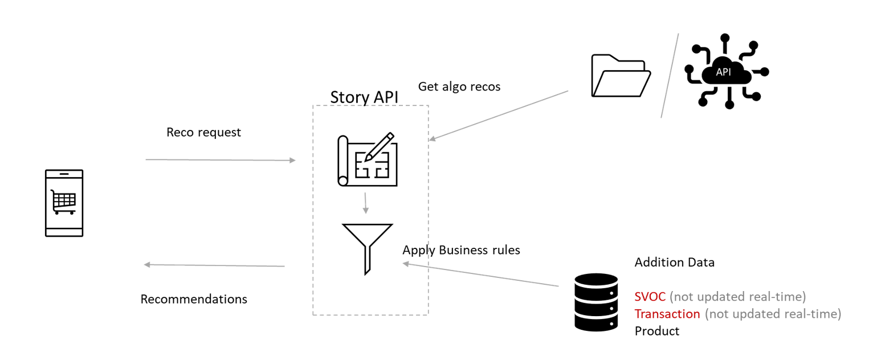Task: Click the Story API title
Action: click(364, 97)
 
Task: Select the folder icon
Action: click(621, 76)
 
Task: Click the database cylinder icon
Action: click(596, 302)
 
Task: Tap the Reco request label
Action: click(203, 132)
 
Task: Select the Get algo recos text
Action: click(459, 87)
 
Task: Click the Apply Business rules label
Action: click(461, 250)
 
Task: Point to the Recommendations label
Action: click(194, 299)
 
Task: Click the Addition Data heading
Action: click(674, 263)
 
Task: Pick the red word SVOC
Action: click(650, 297)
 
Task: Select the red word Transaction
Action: click(667, 314)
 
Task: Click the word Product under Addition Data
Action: click(656, 331)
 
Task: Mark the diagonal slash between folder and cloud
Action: click(670, 76)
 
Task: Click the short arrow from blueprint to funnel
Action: click(366, 203)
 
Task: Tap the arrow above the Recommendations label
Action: click(214, 265)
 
